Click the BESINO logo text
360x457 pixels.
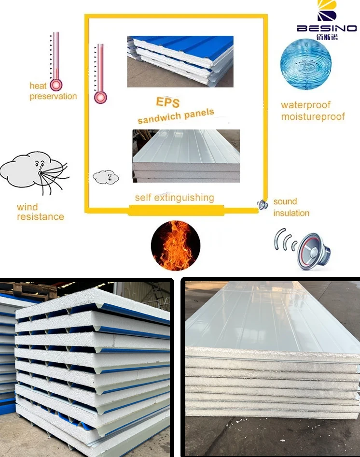[x=326, y=29]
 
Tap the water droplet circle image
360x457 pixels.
[x=305, y=65]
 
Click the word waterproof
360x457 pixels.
[x=306, y=105]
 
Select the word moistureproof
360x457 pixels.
[x=313, y=116]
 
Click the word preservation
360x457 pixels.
[x=53, y=96]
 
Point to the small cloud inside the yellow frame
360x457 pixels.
[x=106, y=177]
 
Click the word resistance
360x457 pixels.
[x=41, y=216]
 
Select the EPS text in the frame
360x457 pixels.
[x=168, y=102]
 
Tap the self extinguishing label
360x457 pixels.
[x=174, y=198]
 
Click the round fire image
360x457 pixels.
[x=175, y=245]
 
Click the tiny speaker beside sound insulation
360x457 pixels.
[x=262, y=205]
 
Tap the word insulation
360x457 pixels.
[x=291, y=213]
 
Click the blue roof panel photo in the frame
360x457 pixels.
[x=180, y=61]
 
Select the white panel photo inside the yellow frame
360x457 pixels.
[x=186, y=156]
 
